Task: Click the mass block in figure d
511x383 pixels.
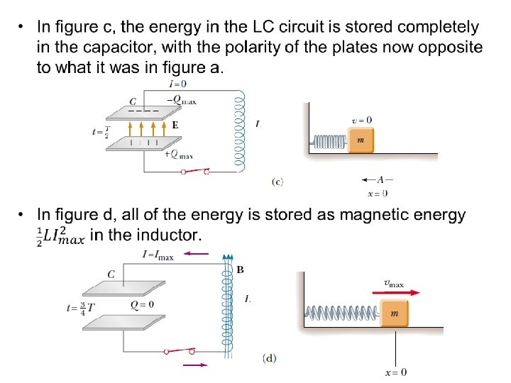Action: point(392,313)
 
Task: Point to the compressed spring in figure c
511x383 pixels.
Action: point(329,143)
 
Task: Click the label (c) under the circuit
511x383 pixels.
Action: point(278,182)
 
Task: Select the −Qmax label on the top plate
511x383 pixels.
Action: point(181,100)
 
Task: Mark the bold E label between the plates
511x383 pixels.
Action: point(174,125)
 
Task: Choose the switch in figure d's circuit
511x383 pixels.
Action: point(179,351)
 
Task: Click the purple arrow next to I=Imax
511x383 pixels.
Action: point(195,252)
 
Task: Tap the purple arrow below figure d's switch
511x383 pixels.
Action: point(195,365)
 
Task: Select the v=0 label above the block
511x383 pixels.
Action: point(362,121)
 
